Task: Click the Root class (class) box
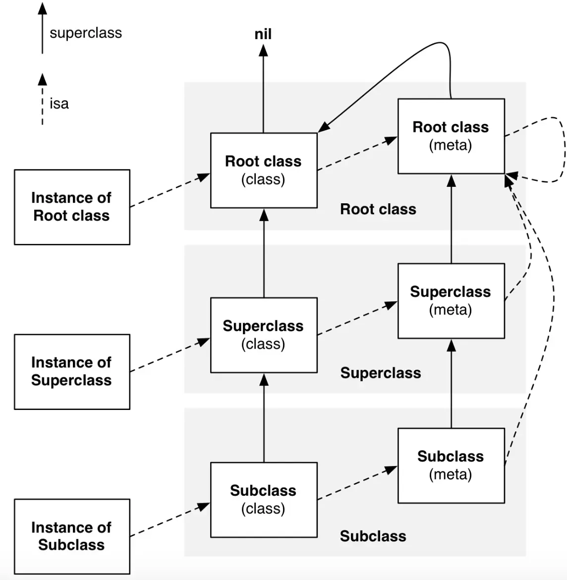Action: coord(264,170)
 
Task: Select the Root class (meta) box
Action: coord(451,136)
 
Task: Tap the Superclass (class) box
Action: coord(264,335)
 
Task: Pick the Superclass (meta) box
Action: coord(451,300)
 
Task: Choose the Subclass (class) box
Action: coord(264,499)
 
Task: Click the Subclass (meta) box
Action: coord(451,465)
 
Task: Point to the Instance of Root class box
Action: coord(72,207)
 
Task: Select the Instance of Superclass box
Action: coord(72,371)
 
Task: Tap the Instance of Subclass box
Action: coord(72,536)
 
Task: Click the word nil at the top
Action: coord(263,34)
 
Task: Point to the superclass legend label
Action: coord(86,33)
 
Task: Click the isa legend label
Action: coord(59,104)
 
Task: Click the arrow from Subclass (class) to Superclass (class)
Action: coord(264,419)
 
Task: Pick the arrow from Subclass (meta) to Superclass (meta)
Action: coord(451,384)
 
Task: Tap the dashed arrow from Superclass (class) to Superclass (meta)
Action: coord(357,319)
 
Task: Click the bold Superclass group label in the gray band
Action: coord(381,373)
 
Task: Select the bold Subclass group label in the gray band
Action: coord(373,536)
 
